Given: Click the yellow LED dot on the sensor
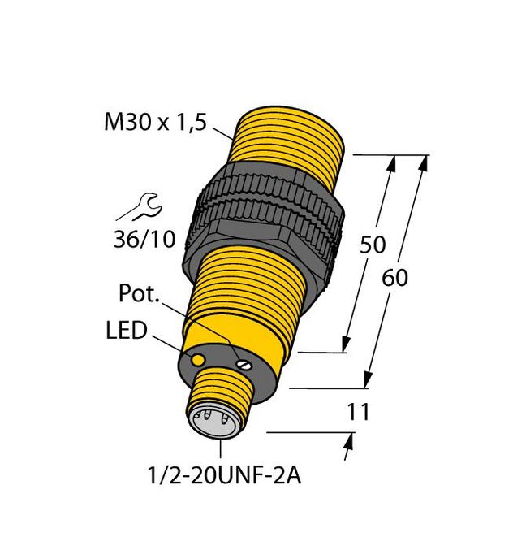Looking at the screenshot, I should coord(196,357).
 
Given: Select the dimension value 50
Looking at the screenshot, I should coord(373,245).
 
